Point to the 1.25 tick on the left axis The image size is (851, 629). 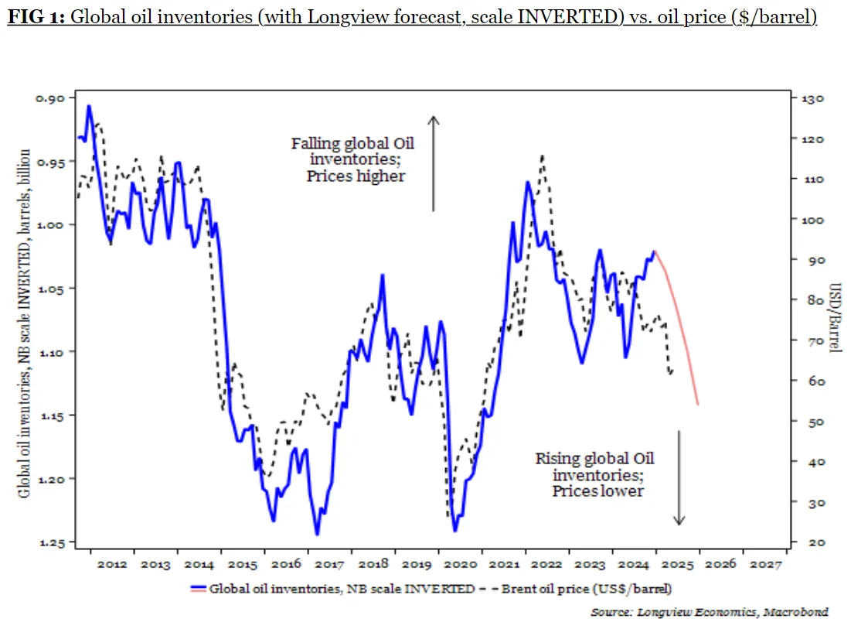tap(54, 542)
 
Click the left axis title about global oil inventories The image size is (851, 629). tap(25, 321)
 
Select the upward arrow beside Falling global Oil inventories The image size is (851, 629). tap(434, 163)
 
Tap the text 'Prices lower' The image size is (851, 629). tap(597, 491)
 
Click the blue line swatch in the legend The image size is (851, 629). tap(197, 589)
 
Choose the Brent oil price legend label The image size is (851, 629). tap(587, 589)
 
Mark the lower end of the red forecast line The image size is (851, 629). tap(698, 404)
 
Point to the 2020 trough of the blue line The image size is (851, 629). tap(455, 530)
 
